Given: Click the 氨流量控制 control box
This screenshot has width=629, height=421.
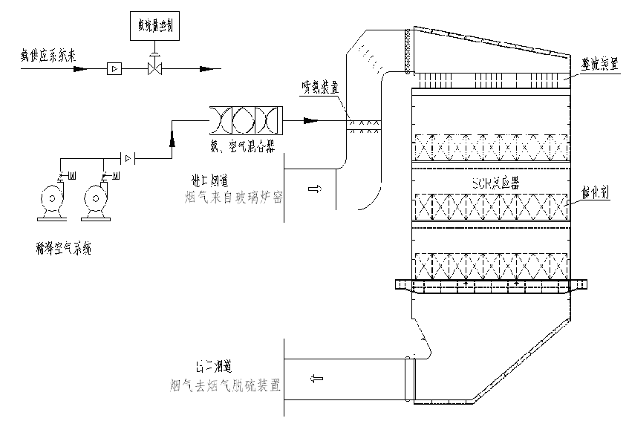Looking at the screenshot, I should [154, 25].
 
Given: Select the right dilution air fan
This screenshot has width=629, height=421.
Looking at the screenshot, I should [97, 201].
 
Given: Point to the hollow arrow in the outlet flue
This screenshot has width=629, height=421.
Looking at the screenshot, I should [318, 379].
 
